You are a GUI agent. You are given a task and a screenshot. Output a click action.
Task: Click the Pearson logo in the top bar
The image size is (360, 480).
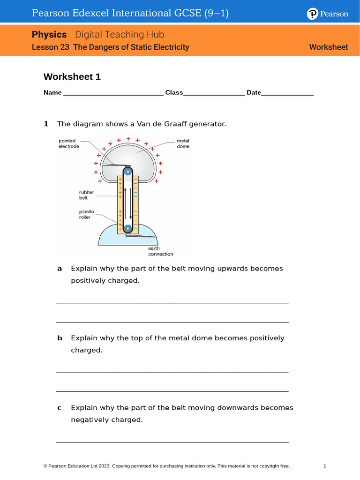pyautogui.click(x=328, y=14)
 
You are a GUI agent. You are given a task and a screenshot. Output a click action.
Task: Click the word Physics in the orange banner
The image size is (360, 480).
pyautogui.click(x=49, y=35)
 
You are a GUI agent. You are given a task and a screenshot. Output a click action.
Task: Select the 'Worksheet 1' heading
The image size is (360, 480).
pyautogui.click(x=72, y=76)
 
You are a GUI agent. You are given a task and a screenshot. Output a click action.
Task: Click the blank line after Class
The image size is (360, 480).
pyautogui.click(x=214, y=93)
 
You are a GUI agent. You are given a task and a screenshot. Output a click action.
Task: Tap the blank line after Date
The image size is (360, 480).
pyautogui.click(x=287, y=93)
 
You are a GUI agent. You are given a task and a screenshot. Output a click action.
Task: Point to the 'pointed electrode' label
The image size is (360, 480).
pyautogui.click(x=69, y=143)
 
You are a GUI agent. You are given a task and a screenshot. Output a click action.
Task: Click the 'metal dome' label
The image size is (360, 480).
pyautogui.click(x=183, y=143)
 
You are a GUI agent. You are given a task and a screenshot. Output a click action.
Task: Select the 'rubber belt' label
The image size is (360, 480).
pyautogui.click(x=86, y=195)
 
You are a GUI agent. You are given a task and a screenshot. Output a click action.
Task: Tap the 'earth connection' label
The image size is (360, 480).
pyautogui.click(x=160, y=251)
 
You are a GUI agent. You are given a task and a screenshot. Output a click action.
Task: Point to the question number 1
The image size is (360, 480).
pyautogui.click(x=46, y=124)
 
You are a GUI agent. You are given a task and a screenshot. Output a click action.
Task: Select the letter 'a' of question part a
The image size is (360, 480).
pyautogui.click(x=60, y=269)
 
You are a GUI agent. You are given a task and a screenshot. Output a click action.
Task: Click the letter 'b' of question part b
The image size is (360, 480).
pyautogui.click(x=60, y=338)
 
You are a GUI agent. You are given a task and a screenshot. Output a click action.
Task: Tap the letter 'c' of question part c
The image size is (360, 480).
pyautogui.click(x=60, y=408)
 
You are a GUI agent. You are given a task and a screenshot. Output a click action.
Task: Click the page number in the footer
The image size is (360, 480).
pyautogui.click(x=324, y=466)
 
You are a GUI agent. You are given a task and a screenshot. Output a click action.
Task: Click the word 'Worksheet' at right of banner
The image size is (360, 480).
pyautogui.click(x=329, y=47)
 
